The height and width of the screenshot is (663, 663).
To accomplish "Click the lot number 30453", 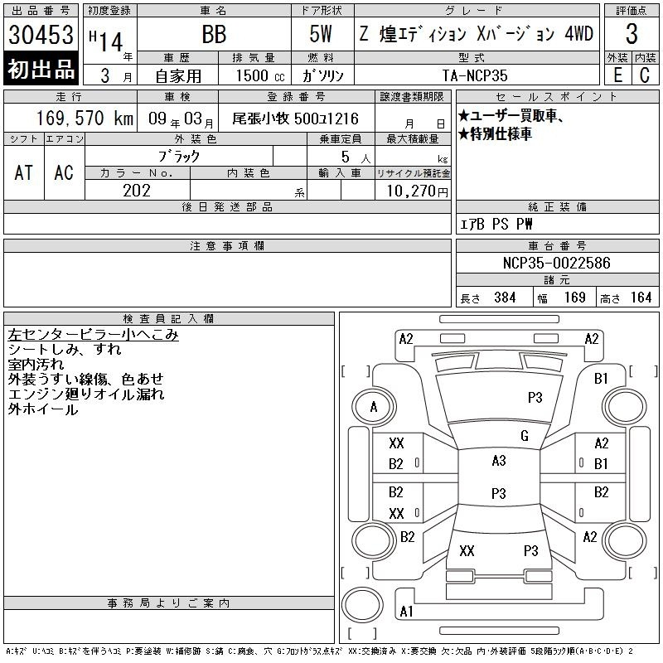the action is (41, 34).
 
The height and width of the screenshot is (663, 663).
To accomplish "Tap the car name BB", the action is (214, 34).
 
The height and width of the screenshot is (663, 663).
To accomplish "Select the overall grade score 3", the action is (632, 34).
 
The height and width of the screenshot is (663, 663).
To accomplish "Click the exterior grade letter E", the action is (617, 75).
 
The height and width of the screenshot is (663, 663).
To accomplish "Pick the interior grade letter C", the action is (645, 75).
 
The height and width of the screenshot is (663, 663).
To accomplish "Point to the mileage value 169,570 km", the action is (85, 118).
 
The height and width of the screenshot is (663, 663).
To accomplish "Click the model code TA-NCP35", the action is (475, 75).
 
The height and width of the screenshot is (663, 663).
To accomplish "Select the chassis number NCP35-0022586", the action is (556, 263).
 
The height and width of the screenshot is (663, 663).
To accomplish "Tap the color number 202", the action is (137, 191).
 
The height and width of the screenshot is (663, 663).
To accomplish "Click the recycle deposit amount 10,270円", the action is (418, 191).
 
